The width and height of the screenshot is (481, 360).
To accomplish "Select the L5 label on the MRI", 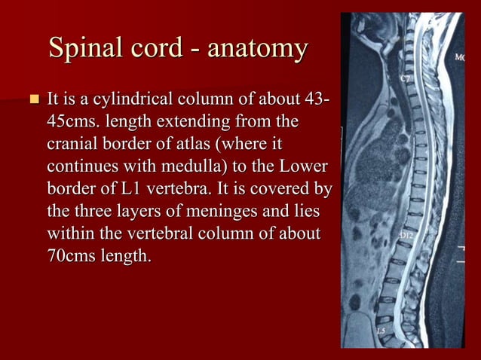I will point(382,329).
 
